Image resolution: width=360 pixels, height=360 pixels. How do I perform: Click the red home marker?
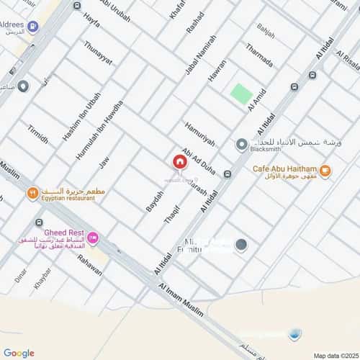click(179, 163)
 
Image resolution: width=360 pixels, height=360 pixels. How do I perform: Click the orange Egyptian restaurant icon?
click(32, 193)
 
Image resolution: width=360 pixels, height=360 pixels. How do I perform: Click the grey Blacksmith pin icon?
click(241, 145)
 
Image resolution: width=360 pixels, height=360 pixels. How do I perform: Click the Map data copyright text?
click(335, 355)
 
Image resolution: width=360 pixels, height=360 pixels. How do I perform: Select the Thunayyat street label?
click(99, 53)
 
